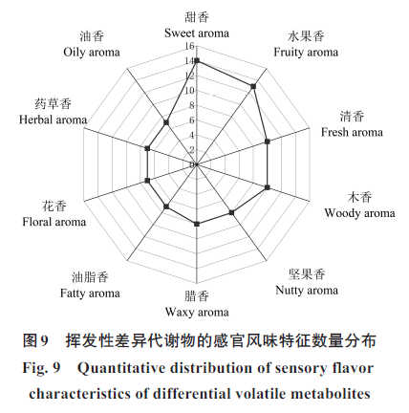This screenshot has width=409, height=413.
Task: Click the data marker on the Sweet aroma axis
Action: [197, 60]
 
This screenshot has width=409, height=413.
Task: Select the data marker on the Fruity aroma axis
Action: [253, 86]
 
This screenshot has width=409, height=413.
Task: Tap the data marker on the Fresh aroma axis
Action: [268, 141]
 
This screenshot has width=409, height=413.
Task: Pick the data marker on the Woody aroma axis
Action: [268, 187]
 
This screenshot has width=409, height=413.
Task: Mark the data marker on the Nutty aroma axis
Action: [231, 212]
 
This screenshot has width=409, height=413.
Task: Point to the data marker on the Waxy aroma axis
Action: [197, 224]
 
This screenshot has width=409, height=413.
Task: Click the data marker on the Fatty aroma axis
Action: [166, 206]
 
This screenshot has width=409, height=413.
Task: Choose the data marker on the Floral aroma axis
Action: [147, 181]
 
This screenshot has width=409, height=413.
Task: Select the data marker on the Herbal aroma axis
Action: [147, 148]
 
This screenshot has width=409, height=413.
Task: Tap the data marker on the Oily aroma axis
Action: [166, 122]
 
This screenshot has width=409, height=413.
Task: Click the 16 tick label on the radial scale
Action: [189, 46]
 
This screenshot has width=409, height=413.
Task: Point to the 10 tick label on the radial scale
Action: [189, 91]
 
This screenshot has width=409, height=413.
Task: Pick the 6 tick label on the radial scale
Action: [191, 120]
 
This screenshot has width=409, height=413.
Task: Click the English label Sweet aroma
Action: [197, 33]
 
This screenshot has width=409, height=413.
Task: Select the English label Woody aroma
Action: [359, 213]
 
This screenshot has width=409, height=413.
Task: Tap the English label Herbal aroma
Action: [53, 120]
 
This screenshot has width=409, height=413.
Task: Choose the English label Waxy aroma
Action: [197, 312]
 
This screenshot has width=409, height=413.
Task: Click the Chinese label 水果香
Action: [306, 36]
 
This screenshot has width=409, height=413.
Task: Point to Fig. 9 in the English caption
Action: [41, 368]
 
